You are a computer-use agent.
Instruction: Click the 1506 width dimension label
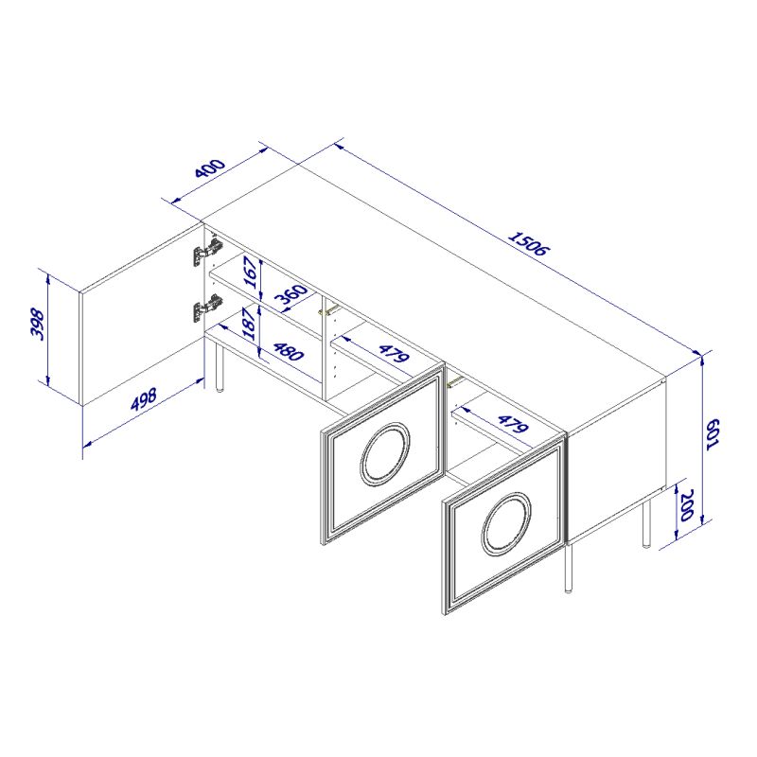pos(529,244)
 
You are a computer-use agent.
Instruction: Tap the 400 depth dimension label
pos(210,167)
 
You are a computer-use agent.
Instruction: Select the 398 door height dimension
pos(38,325)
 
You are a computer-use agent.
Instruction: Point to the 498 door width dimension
pos(144,399)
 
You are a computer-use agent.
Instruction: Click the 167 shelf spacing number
pos(251,273)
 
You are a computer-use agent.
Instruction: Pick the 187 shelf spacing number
pos(250,324)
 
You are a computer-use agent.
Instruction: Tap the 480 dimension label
pos(289,351)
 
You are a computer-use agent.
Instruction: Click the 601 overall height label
pos(713,434)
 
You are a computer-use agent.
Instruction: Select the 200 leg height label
pos(686,505)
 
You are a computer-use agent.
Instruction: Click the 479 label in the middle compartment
pos(394,353)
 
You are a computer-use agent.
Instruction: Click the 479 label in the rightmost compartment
pos(513,424)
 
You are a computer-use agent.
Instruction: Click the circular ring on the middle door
pos(385,453)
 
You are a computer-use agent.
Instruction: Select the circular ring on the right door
pos(506,523)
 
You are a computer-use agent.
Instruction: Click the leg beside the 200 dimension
pos(646,523)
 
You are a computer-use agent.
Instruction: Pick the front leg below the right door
pos(569,569)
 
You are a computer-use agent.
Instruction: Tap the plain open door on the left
pos(140,314)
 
